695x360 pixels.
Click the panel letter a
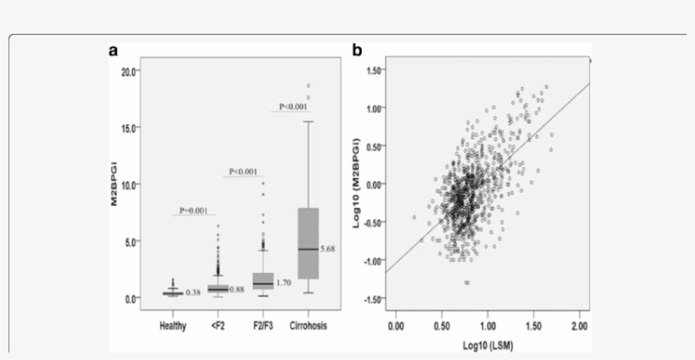pos(114,51)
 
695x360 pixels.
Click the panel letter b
pos(357,51)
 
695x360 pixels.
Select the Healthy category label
pos(174,325)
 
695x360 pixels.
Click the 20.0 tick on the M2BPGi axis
pos(128,72)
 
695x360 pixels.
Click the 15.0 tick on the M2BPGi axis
pos(128,128)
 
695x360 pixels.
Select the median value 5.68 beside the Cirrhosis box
pos(330,249)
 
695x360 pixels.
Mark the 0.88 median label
pos(239,290)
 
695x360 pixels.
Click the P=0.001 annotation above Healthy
pos(194,209)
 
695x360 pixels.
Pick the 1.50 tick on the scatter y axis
pos(373,70)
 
